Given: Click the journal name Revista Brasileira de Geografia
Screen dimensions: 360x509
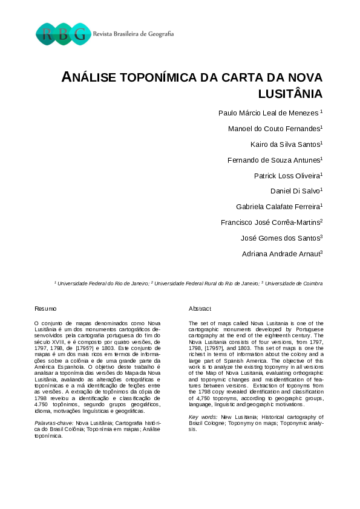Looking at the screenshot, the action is (x=133, y=34).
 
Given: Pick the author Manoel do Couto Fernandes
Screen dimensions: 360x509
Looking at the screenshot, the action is (x=274, y=128).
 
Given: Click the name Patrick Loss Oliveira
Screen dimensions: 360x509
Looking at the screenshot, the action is (x=287, y=175).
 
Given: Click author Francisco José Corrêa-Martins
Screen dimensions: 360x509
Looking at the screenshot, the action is (x=271, y=222).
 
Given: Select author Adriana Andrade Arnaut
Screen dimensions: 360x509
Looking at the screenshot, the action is (x=281, y=254).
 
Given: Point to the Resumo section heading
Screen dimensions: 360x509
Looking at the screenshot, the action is (x=45, y=309).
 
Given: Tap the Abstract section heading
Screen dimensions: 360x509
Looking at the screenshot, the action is (x=200, y=309).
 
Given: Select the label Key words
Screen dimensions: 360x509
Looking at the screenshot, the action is (x=202, y=417).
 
